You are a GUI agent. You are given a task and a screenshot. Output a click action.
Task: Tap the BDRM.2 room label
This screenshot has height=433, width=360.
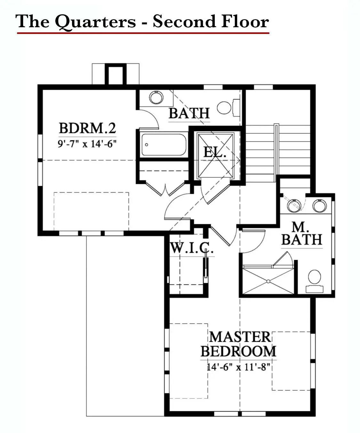(87, 128)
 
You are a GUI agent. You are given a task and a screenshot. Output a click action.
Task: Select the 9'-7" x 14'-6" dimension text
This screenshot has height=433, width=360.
(87, 144)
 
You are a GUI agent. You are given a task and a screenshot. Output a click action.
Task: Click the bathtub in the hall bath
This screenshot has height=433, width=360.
(164, 145)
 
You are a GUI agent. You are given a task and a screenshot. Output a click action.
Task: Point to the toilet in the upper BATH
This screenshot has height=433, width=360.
(228, 108)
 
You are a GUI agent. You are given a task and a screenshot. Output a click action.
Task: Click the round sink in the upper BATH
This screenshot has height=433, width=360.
(156, 97)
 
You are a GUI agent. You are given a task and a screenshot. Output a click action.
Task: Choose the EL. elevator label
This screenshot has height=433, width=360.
(214, 152)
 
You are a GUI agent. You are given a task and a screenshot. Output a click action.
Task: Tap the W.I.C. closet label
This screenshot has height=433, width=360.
(191, 248)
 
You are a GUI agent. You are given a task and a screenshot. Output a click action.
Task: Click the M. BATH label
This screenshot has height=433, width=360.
(301, 233)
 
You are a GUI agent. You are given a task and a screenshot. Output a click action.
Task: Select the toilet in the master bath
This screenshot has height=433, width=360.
(315, 281)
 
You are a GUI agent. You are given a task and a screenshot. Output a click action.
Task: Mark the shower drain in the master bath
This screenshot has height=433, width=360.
(268, 282)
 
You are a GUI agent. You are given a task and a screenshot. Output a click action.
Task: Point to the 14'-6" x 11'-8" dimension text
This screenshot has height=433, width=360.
(238, 367)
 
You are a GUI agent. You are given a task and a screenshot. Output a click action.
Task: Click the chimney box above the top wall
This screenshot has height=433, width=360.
(116, 74)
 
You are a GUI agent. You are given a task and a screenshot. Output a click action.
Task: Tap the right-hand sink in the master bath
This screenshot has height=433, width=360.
(319, 206)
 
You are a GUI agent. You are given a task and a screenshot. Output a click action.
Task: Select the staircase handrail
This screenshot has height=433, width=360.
(276, 153)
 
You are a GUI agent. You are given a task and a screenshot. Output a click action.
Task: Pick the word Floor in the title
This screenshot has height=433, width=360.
(245, 21)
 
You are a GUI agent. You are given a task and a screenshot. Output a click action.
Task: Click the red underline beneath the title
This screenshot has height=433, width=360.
(143, 33)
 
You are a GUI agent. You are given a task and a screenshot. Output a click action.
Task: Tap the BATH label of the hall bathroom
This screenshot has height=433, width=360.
(189, 113)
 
